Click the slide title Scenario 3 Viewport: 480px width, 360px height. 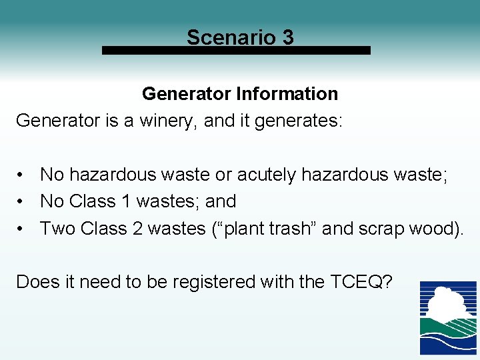[240, 37]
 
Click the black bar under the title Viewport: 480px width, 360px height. [236, 50]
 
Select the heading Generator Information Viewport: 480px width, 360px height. [240, 93]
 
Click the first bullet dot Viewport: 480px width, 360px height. [22, 175]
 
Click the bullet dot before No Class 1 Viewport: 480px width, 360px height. [22, 201]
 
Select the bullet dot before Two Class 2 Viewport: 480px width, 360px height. [22, 229]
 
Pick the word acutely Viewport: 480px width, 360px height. [266, 175]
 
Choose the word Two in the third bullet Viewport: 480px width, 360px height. [57, 229]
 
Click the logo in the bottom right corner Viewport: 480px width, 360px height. [448, 317]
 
